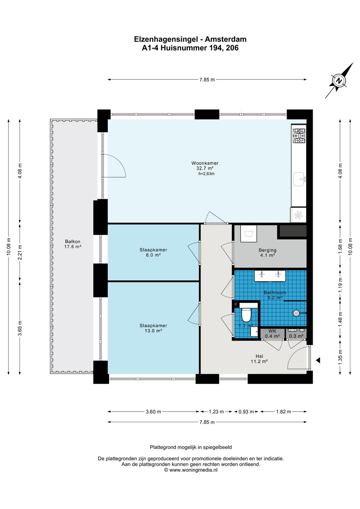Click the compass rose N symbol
pyautogui.click(x=339, y=81)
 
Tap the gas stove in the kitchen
pyautogui.click(x=299, y=136)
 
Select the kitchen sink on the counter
pyautogui.click(x=299, y=179)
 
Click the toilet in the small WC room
pyautogui.click(x=246, y=315)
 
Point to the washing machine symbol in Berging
pyautogui.click(x=248, y=233)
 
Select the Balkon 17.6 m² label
pyautogui.click(x=73, y=244)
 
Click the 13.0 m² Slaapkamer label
pyautogui.click(x=153, y=328)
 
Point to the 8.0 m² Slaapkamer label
pyautogui.click(x=153, y=252)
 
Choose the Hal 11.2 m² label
pyautogui.click(x=259, y=359)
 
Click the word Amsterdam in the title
pyautogui.click(x=226, y=39)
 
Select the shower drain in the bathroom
pyautogui.click(x=296, y=313)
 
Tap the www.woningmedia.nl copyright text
pyautogui.click(x=191, y=470)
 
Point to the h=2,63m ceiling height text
pyautogui.click(x=206, y=174)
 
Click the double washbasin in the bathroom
pyautogui.click(x=270, y=276)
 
